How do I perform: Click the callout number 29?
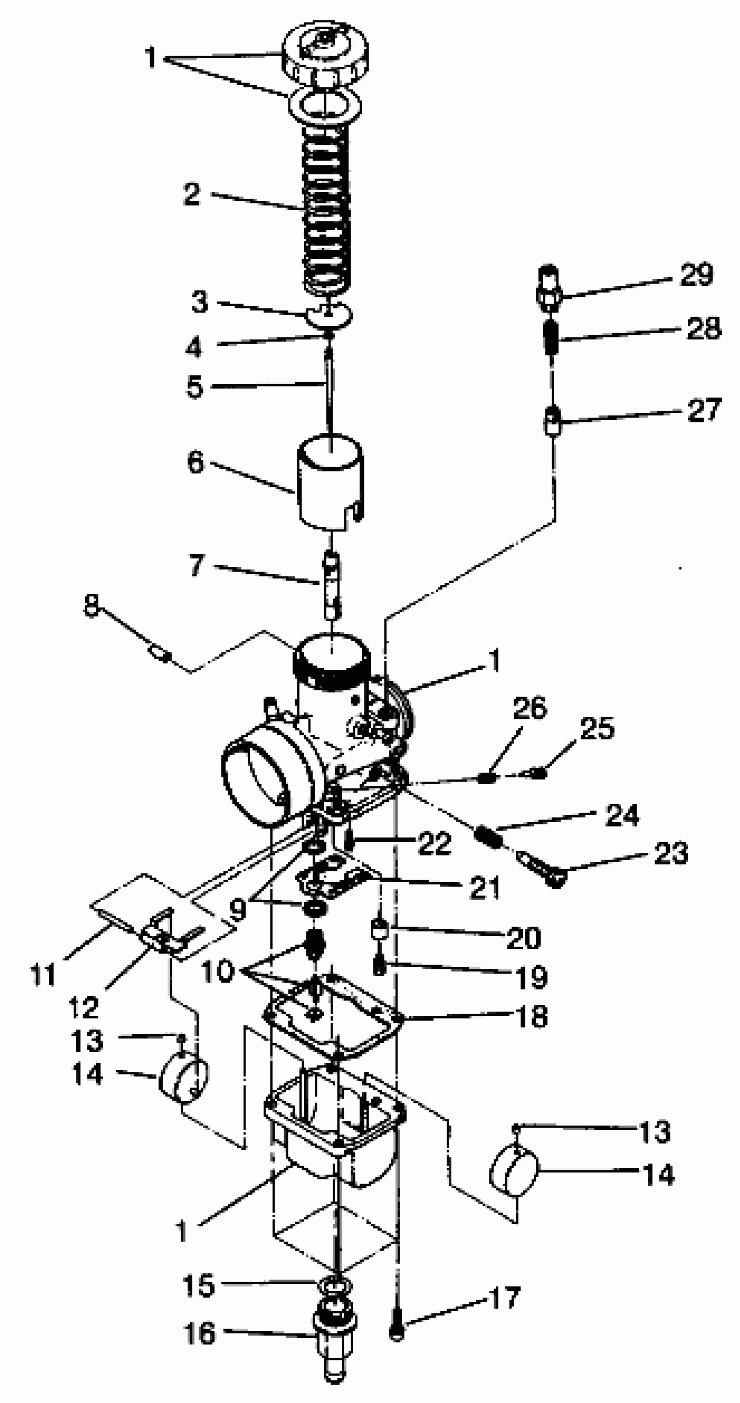click(x=696, y=275)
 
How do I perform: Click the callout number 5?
click(x=194, y=386)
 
